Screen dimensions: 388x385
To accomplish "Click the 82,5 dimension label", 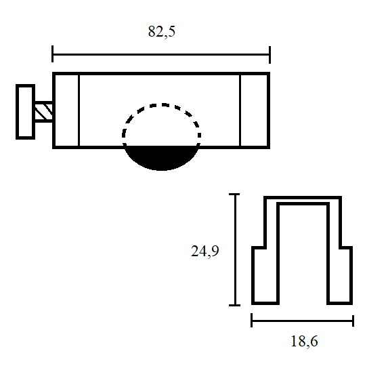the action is click(x=162, y=31).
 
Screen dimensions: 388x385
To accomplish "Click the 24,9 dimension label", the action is click(x=205, y=251).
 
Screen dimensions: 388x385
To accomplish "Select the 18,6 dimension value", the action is click(x=304, y=341).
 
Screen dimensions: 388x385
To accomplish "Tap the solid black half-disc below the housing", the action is click(x=161, y=157).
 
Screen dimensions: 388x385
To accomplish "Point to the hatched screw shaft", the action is click(x=43, y=111).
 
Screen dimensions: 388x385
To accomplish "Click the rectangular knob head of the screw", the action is click(x=25, y=112).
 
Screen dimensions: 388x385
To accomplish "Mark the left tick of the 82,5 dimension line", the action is click(x=52, y=54).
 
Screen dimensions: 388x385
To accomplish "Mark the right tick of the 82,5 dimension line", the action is click(x=270, y=54).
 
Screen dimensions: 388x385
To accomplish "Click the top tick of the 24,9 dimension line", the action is click(x=234, y=195).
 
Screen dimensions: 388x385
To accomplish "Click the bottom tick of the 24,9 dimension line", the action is click(x=234, y=305).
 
